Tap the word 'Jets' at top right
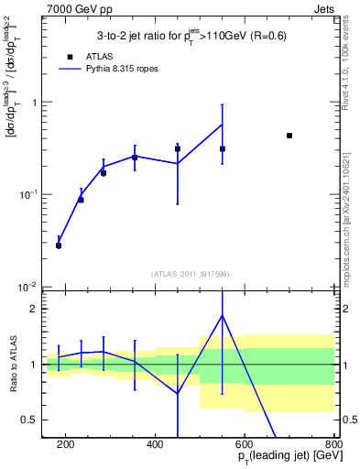click(325, 8)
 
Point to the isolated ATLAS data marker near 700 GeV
click(289, 136)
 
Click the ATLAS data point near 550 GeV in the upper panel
click(223, 148)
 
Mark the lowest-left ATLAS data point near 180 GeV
click(59, 245)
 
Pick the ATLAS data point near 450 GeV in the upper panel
click(178, 148)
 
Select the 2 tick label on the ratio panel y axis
click(35, 309)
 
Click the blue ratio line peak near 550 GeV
click(223, 315)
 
